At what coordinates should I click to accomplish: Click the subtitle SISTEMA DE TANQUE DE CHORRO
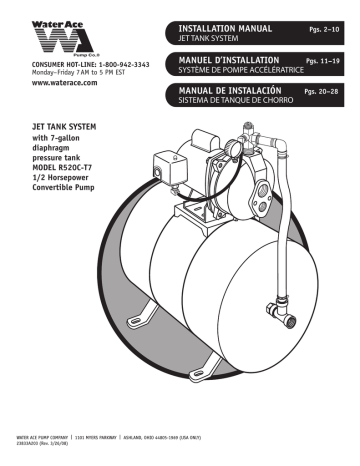[x=232, y=103]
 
